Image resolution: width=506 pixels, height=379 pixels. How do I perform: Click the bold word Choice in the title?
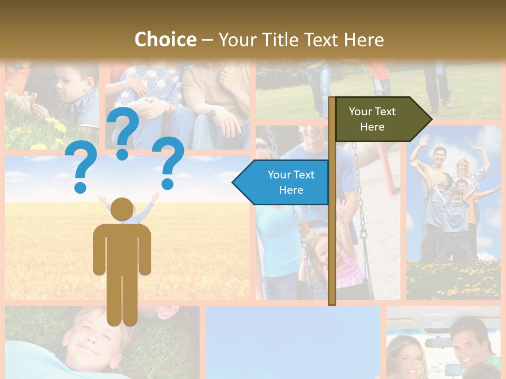[x=165, y=39]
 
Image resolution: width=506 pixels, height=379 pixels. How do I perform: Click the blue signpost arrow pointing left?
[x=282, y=182]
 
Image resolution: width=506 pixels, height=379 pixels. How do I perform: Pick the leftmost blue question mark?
[x=81, y=169]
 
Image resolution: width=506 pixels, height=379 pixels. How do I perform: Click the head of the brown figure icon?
[x=122, y=210]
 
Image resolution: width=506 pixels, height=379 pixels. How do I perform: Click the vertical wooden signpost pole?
[x=332, y=237]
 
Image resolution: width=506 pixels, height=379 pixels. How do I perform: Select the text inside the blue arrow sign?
[x=290, y=182]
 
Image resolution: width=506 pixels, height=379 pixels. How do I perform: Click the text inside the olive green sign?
[x=372, y=119]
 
